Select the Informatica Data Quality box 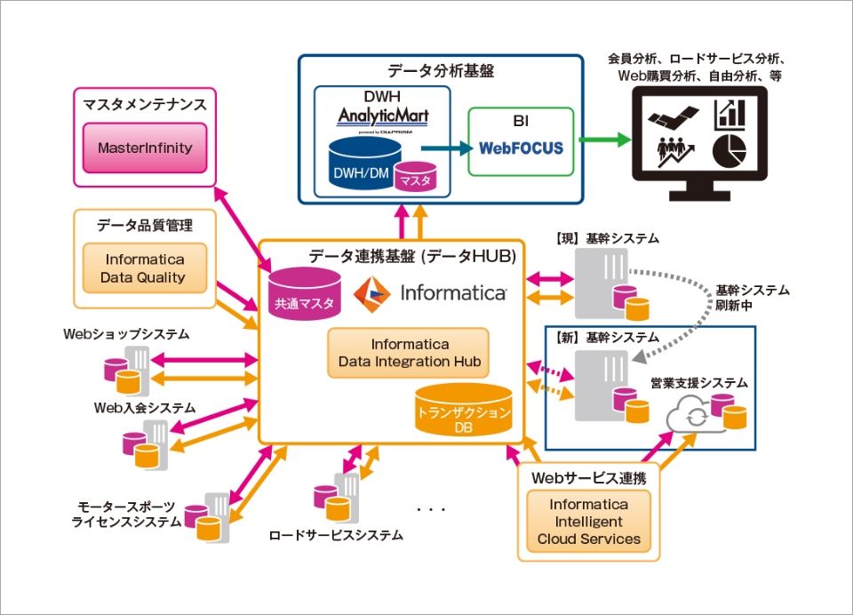coord(145,268)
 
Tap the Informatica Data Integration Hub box coord(409,353)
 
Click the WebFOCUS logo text coord(522,148)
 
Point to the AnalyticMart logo coord(383,116)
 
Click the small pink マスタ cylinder coord(415,176)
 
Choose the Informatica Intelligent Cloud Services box coord(588,522)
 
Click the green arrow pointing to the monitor coord(604,140)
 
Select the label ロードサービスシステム coord(336,535)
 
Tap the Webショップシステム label coord(126,334)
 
